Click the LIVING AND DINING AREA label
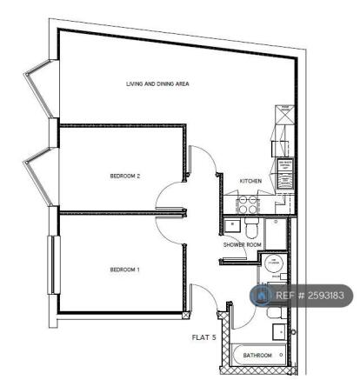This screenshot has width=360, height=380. pyautogui.click(x=157, y=84)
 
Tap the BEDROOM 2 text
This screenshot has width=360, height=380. pyautogui.click(x=125, y=177)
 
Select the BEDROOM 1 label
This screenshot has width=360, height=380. pyautogui.click(x=124, y=270)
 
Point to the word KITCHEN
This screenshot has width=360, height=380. pyautogui.click(x=250, y=181)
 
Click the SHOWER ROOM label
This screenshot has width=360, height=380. pyautogui.click(x=242, y=245)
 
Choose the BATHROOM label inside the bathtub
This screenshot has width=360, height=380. pyautogui.click(x=258, y=356)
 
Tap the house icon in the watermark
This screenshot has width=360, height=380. pyautogui.click(x=261, y=296)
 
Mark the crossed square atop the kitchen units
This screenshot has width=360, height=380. pyautogui.click(x=284, y=110)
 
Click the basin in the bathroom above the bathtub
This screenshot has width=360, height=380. pyautogui.click(x=277, y=332)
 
